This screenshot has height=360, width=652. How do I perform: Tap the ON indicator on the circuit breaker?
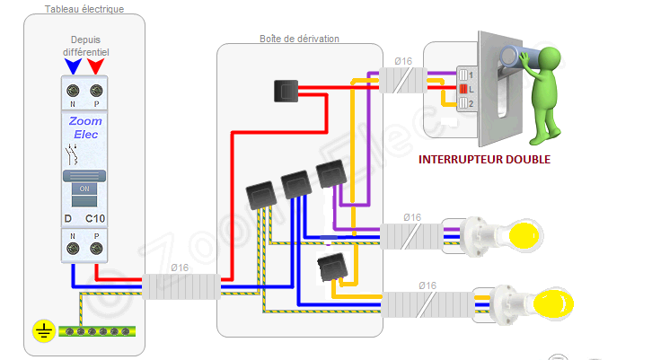tap(84, 189)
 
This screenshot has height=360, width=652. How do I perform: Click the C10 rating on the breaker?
tap(95, 219)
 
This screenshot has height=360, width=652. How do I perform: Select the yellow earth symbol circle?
tap(42, 331)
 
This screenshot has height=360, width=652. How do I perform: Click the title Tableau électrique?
tap(84, 9)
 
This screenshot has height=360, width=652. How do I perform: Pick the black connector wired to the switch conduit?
tap(286, 90)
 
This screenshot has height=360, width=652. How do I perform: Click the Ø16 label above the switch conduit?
tap(403, 61)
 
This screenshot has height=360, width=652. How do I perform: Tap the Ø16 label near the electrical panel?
tap(180, 268)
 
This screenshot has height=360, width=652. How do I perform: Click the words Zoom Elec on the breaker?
tap(84, 127)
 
